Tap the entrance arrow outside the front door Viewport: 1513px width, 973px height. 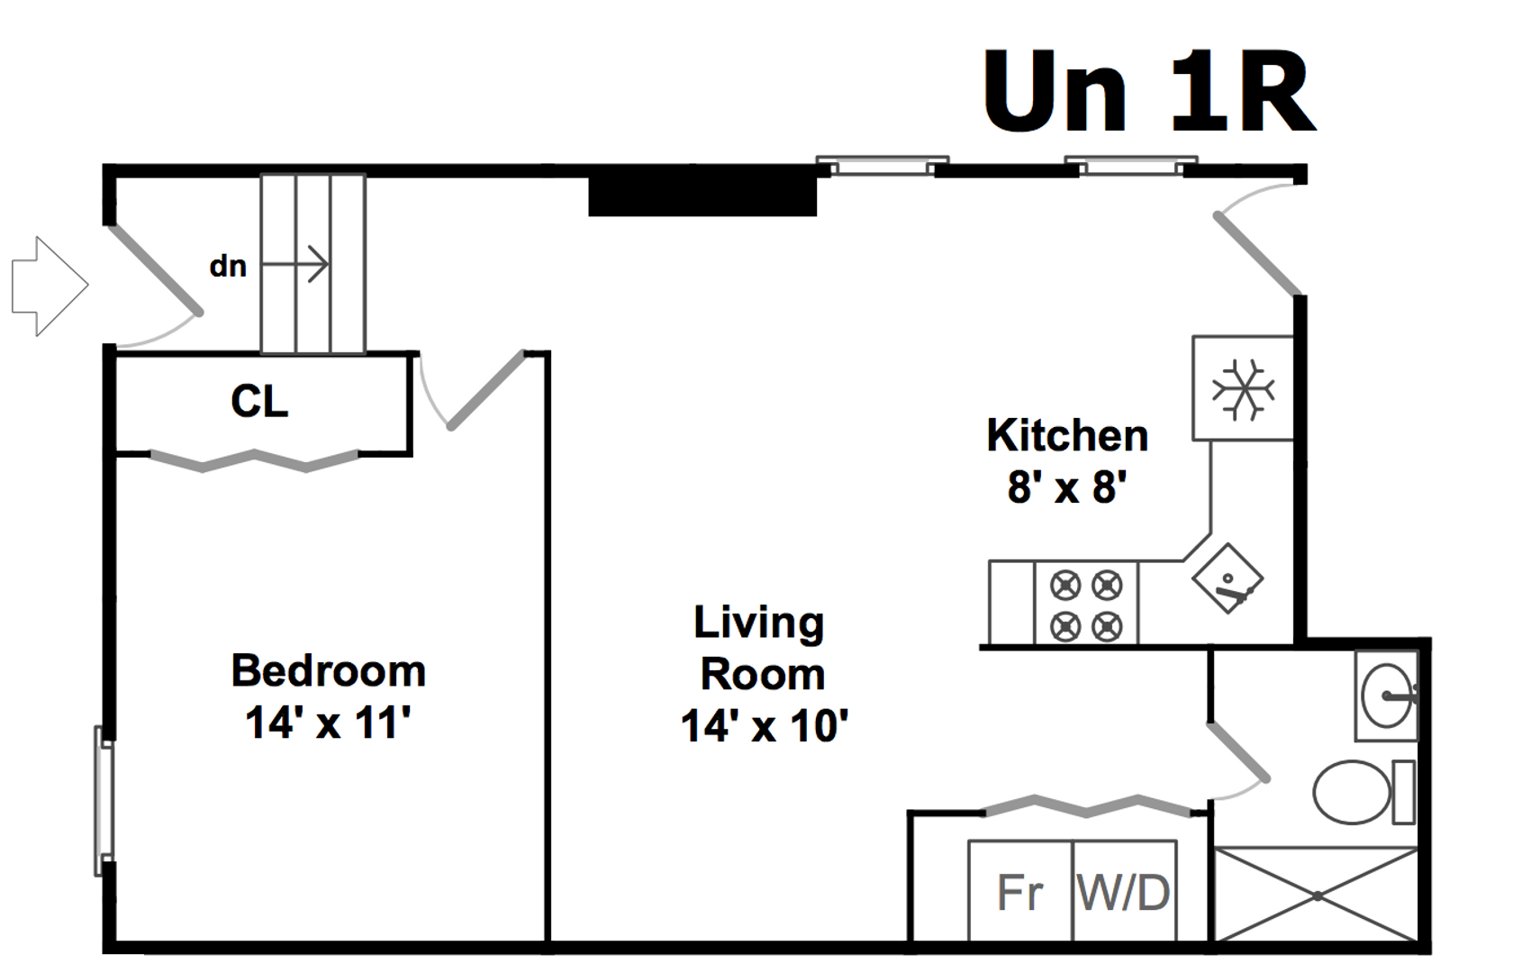point(50,286)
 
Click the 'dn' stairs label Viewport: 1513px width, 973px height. point(229,267)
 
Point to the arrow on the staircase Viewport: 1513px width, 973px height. point(295,263)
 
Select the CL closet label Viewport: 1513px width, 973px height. point(259,402)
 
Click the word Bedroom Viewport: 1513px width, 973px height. point(328,671)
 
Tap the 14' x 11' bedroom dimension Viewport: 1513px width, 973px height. point(328,723)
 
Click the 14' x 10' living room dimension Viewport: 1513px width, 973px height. point(764,726)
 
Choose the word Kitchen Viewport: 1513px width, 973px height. point(1067,435)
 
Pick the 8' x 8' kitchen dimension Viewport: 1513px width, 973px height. point(1067,486)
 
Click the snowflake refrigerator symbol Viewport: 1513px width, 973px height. point(1244,390)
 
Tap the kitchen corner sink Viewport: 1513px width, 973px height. point(1228,578)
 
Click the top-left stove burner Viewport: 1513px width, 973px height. point(1065,586)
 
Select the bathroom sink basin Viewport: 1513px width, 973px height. point(1386,696)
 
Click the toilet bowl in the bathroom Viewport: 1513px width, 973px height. point(1352,792)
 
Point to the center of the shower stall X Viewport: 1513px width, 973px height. point(1317,896)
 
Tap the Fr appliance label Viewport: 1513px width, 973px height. point(1019,894)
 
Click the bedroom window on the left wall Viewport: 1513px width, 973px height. point(104,802)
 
